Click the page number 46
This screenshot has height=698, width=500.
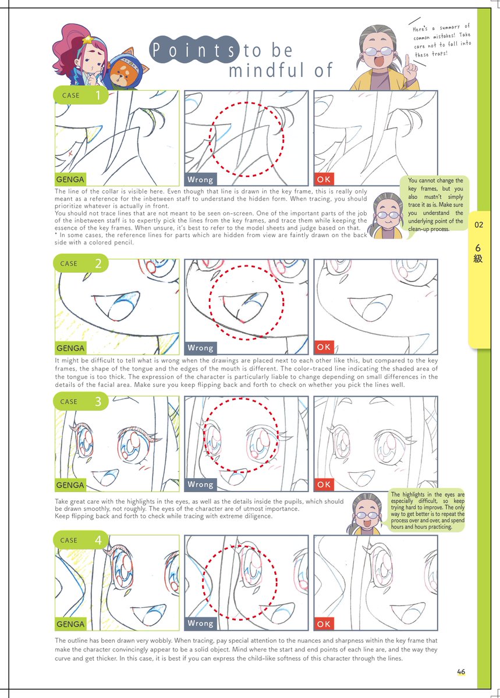461,671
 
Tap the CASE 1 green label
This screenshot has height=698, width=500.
81,95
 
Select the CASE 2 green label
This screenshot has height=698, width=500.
81,263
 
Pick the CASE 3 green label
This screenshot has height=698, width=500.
81,401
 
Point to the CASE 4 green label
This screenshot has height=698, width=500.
81,540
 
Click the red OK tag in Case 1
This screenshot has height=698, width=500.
324,179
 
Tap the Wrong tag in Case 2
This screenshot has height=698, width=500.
200,348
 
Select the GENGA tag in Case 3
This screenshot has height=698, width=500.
70,485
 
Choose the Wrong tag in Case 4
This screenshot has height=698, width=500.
200,624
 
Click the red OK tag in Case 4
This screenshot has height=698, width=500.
324,624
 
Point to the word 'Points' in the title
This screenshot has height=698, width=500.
194,51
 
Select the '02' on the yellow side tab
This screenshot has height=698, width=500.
478,225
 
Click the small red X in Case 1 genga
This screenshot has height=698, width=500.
70,154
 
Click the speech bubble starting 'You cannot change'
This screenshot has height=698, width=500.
435,204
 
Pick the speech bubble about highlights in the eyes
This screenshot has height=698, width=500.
427,511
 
